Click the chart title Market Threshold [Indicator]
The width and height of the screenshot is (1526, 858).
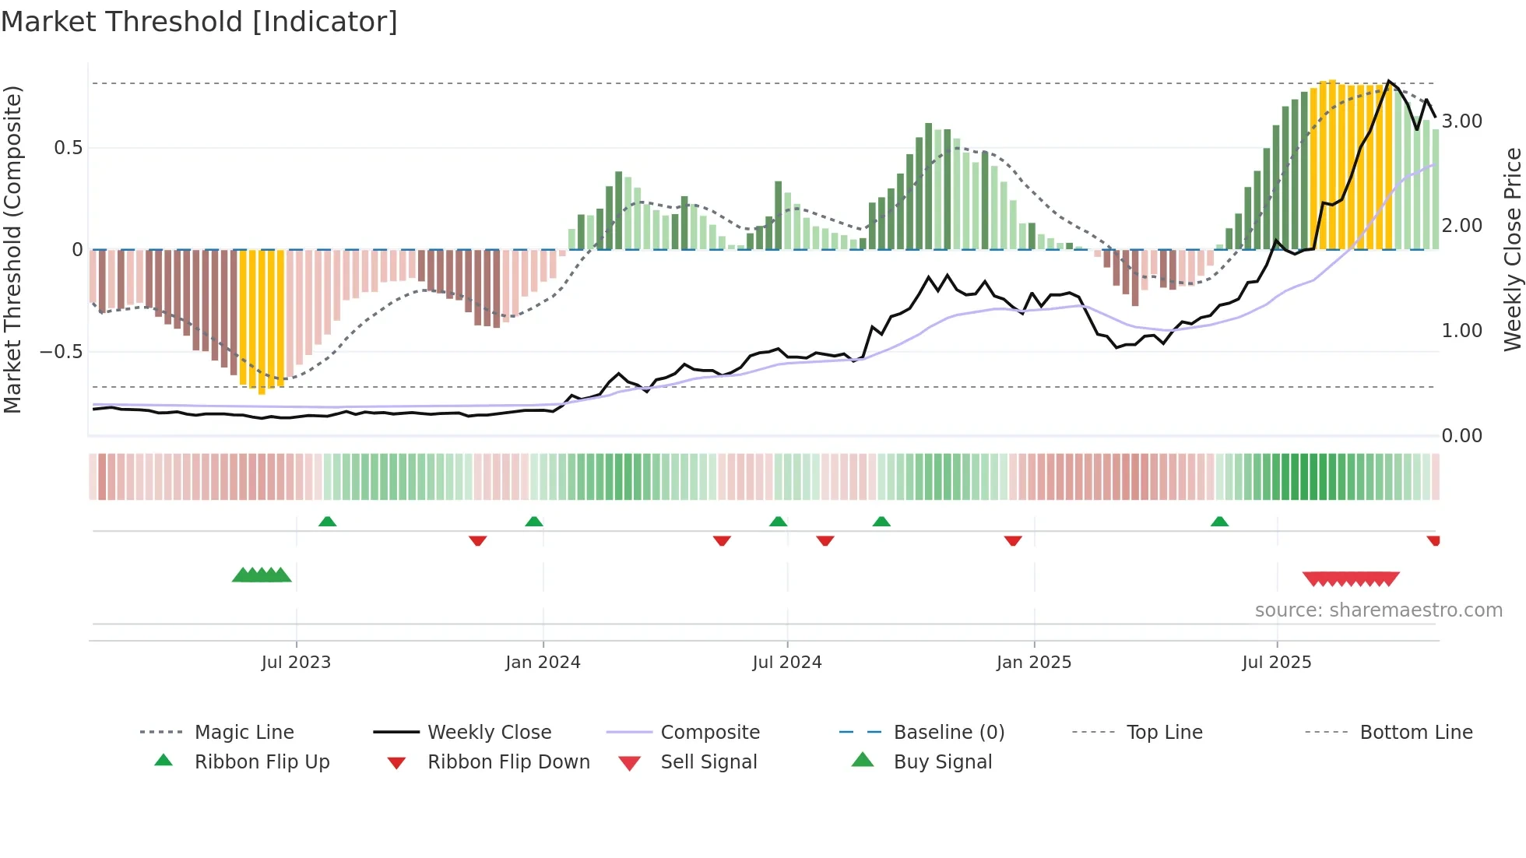tap(199, 22)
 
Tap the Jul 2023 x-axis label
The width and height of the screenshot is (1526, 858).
tap(296, 663)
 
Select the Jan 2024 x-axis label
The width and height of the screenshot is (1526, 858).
tap(543, 663)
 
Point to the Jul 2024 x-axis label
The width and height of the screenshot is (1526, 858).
tap(787, 663)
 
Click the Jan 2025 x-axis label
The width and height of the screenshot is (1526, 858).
tap(1034, 663)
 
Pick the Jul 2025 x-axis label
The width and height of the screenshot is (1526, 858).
tap(1277, 663)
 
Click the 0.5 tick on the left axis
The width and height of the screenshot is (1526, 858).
tap(69, 148)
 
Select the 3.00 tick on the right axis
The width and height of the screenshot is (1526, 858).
tap(1462, 121)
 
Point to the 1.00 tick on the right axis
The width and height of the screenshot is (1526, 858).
tap(1462, 331)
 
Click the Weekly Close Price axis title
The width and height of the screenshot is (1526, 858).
tap(1512, 249)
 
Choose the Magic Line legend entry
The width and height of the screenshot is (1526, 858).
tap(244, 733)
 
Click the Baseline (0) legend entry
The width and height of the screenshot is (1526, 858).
tap(948, 733)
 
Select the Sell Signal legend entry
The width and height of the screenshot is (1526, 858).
tap(708, 762)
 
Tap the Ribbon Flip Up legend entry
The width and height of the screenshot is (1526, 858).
tap(262, 762)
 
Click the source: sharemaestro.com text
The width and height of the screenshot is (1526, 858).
tap(1378, 610)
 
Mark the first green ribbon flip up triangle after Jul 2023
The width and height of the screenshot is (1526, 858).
tap(328, 522)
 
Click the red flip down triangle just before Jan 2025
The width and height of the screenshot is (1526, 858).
tap(1013, 540)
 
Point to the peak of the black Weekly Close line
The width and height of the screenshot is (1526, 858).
tap(1389, 81)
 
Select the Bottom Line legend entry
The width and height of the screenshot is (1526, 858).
tap(1415, 733)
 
